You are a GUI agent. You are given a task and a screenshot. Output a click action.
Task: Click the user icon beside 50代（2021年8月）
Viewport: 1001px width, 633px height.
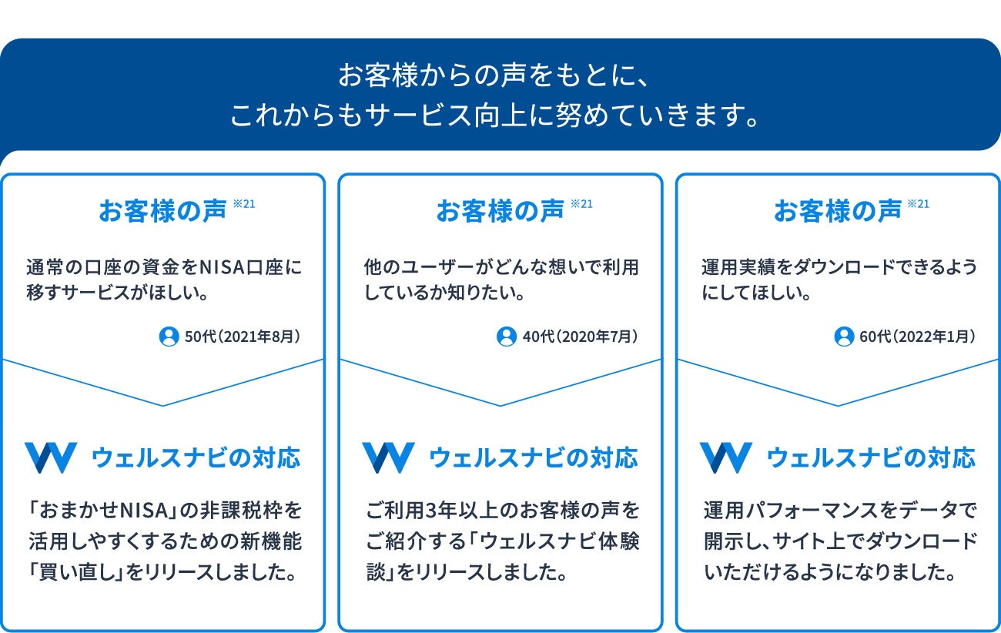[x=169, y=337]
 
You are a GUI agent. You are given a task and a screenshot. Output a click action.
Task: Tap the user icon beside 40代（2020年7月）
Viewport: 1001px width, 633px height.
[x=506, y=337]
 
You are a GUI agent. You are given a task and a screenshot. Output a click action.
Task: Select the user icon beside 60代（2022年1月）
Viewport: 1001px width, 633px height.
[x=844, y=337]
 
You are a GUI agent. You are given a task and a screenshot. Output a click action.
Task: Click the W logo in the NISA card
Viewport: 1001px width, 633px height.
[x=50, y=457]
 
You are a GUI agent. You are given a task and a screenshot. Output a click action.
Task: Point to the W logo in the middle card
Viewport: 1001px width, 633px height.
[x=388, y=457]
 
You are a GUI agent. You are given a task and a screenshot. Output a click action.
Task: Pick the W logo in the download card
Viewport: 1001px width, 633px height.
[x=725, y=457]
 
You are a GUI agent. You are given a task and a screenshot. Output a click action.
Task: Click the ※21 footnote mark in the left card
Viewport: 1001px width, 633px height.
[x=243, y=204]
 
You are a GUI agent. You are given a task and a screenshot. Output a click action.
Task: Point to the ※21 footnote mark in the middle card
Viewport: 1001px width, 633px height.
[x=581, y=204]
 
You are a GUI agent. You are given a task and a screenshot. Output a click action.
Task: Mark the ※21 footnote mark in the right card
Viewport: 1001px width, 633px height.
[x=919, y=204]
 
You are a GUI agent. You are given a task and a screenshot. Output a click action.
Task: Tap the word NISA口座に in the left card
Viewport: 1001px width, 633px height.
[x=251, y=268]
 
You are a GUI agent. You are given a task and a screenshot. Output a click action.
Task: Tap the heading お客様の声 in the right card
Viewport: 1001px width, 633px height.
[x=837, y=211]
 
